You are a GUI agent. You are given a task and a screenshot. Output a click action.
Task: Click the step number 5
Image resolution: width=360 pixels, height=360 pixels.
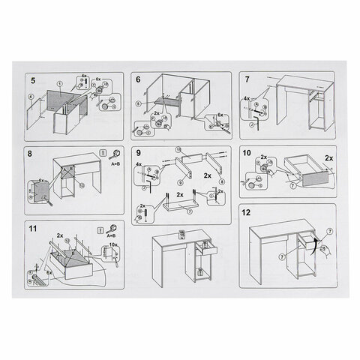[x=32, y=79]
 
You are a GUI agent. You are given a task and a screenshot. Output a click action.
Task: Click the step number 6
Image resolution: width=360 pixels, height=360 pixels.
[x=138, y=79]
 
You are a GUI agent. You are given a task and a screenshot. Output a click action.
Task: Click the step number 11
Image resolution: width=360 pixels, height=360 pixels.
[x=33, y=228]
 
